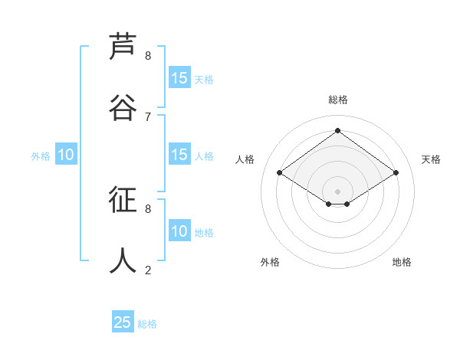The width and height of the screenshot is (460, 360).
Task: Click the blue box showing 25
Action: [x=123, y=322]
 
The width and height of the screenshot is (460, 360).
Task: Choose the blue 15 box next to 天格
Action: [x=179, y=78]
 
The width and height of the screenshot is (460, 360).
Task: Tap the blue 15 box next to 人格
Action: [x=179, y=155]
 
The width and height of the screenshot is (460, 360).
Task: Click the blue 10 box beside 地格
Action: [x=179, y=231]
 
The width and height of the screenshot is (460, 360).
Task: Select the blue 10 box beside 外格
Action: [x=66, y=155]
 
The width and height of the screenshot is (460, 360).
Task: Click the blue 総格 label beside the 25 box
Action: [x=147, y=324]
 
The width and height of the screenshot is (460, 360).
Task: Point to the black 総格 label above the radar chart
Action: [x=337, y=100]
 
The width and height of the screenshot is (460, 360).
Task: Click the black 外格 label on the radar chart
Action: [x=270, y=262]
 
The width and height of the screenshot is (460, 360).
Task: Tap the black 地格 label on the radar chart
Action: [x=402, y=262]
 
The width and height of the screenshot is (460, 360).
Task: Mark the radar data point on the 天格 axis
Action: [x=396, y=173]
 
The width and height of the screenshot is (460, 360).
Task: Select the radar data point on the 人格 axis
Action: [x=280, y=173]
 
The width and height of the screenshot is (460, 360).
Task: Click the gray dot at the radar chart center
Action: [x=337, y=190]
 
